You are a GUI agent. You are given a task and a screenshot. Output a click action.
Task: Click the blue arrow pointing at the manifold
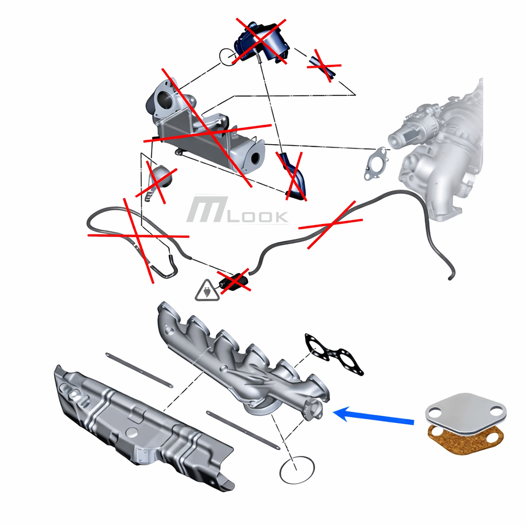pos(374,416)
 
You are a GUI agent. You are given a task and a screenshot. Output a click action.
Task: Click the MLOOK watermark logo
pos(237,210)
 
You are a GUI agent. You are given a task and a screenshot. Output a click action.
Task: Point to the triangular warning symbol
pos(207,291)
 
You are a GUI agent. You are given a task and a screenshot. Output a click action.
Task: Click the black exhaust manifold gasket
pos(334,355)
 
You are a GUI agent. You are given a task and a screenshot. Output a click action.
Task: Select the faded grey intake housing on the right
pos(439,147)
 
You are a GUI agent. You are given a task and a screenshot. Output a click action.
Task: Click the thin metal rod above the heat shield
pos(139,370)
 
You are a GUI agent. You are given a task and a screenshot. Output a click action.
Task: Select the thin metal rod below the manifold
pos(243,430)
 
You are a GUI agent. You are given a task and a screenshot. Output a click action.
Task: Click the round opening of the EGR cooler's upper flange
pos(165,99)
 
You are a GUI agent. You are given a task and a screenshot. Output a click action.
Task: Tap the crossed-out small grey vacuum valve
pos(158,181)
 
